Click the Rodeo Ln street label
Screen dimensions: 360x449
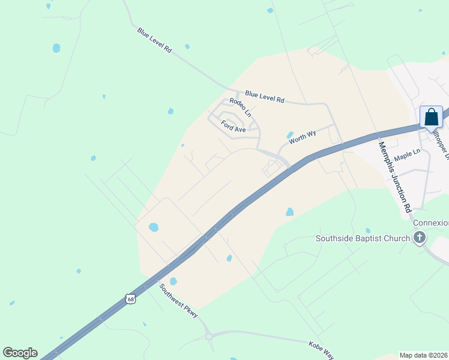pos(240,107)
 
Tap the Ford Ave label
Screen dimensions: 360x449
pos(233,127)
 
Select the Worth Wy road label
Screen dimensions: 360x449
pos(302,139)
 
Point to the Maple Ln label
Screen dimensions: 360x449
pos(408,155)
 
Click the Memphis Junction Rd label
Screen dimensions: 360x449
pos(394,177)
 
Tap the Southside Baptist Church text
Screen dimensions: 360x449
pos(363,238)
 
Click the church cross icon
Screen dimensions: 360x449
pos(420,238)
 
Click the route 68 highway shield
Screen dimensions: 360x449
pos(131,299)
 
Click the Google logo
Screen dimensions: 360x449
pos(20,353)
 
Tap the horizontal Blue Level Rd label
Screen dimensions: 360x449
pos(264,97)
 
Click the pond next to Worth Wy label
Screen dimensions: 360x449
pos(291,135)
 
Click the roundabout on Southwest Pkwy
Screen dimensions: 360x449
pos(209,337)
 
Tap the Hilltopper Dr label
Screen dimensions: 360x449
pos(442,144)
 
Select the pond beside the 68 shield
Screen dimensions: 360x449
pos(173,281)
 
